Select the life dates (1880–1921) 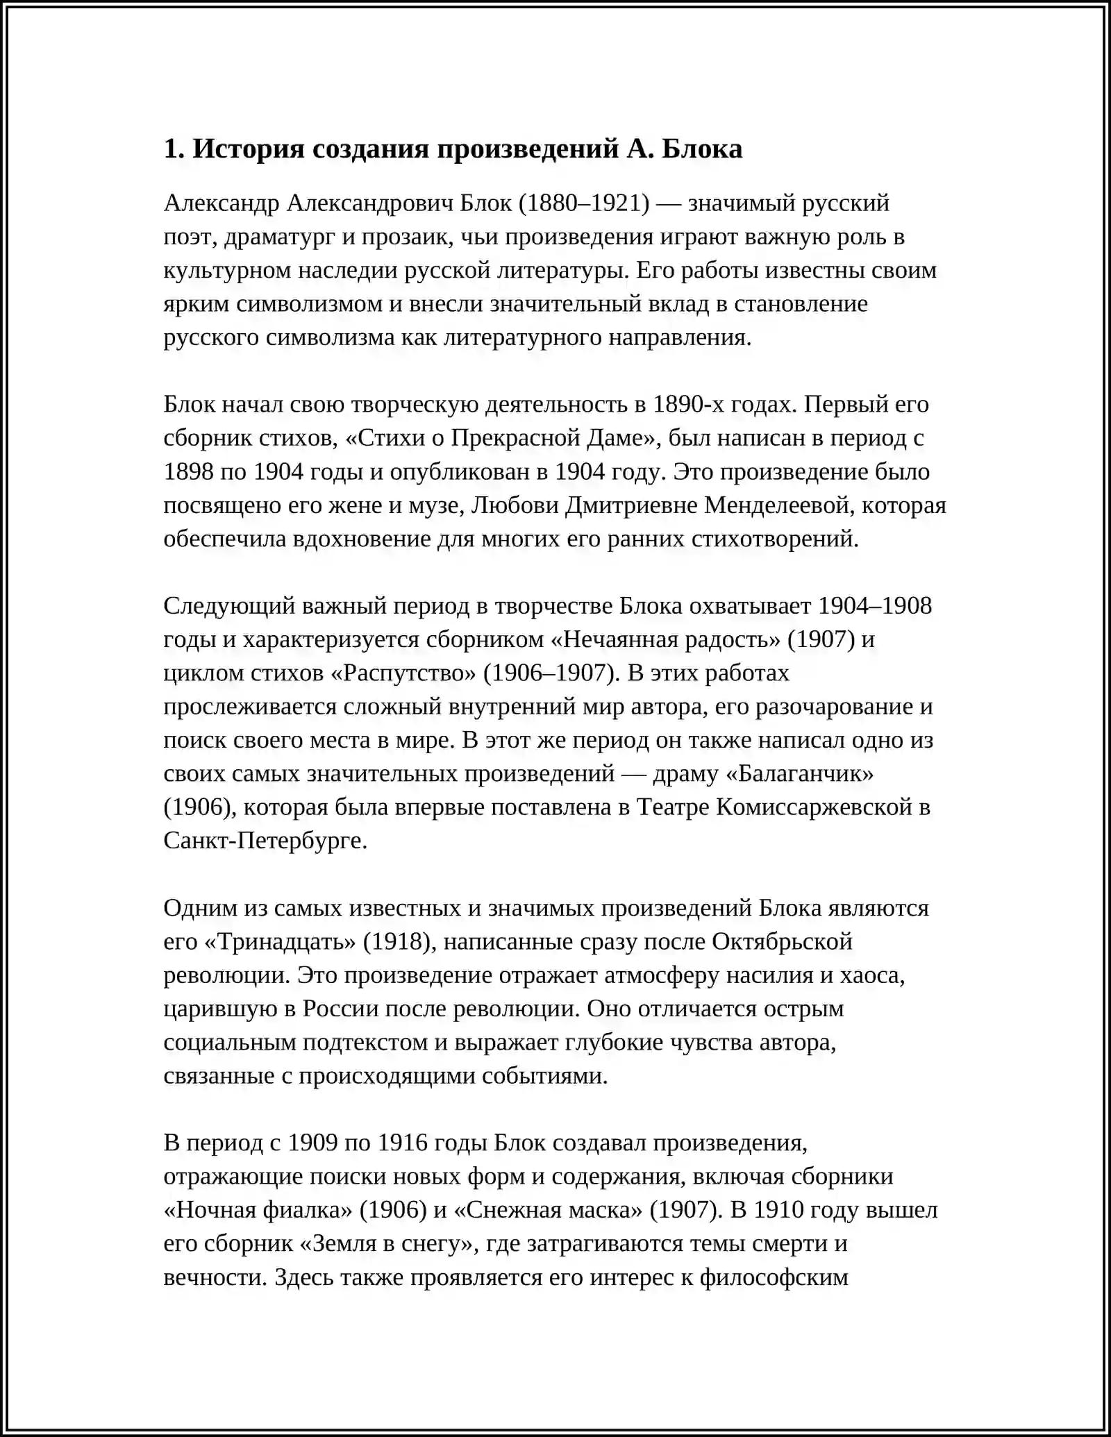point(584,203)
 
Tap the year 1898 point(188,471)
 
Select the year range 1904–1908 point(875,605)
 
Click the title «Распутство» point(400,673)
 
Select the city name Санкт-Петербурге point(263,841)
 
